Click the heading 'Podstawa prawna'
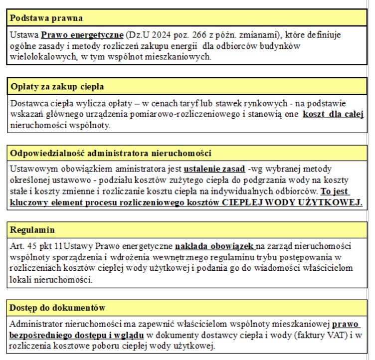click(x=46, y=18)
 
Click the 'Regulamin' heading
click(x=32, y=230)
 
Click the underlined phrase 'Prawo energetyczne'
click(x=82, y=36)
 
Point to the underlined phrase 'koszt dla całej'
click(x=333, y=114)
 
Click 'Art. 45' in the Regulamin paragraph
click(x=24, y=246)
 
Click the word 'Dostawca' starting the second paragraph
click(x=28, y=104)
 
